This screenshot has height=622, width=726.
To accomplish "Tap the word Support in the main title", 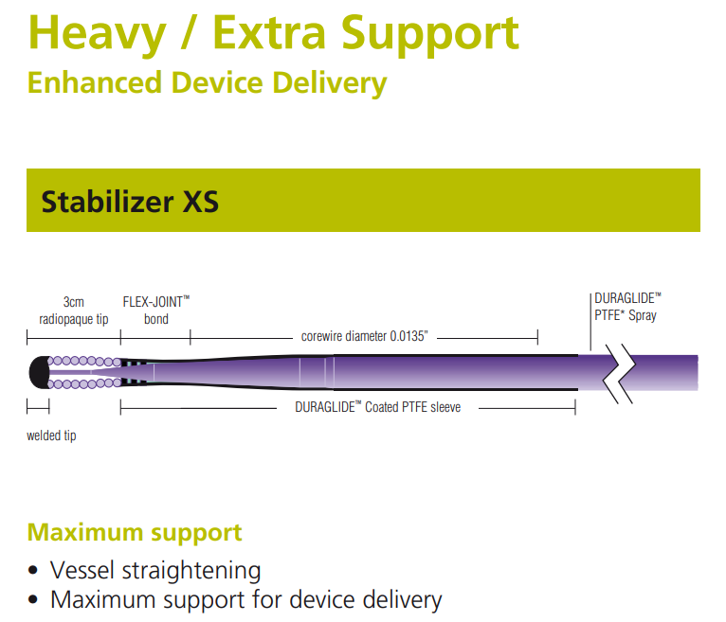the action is tap(430, 35).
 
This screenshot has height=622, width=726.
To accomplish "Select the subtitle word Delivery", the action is tap(330, 84).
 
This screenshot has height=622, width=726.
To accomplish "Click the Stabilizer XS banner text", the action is tap(130, 202).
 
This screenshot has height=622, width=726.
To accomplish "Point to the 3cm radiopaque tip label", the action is tap(74, 311).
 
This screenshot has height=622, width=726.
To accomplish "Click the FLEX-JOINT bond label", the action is tap(156, 310).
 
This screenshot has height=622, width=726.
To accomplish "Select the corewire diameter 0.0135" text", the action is tap(364, 336).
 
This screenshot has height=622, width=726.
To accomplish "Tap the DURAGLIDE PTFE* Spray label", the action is tap(627, 307).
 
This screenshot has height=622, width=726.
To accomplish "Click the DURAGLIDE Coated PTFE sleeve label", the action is tap(378, 407).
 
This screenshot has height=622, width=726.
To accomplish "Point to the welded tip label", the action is tap(51, 435).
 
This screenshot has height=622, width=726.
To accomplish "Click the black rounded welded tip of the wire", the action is tap(40, 372).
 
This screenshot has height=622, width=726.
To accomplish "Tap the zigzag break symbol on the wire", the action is tap(619, 374).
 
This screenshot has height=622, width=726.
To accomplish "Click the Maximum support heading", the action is tap(135, 532).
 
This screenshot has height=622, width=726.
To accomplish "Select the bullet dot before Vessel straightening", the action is tap(32, 570).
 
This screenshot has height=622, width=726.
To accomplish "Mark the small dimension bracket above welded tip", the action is tap(38, 407).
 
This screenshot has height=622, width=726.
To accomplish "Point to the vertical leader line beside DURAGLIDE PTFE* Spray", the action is tap(590, 322).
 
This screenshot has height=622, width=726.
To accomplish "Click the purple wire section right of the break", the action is tap(665, 373).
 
